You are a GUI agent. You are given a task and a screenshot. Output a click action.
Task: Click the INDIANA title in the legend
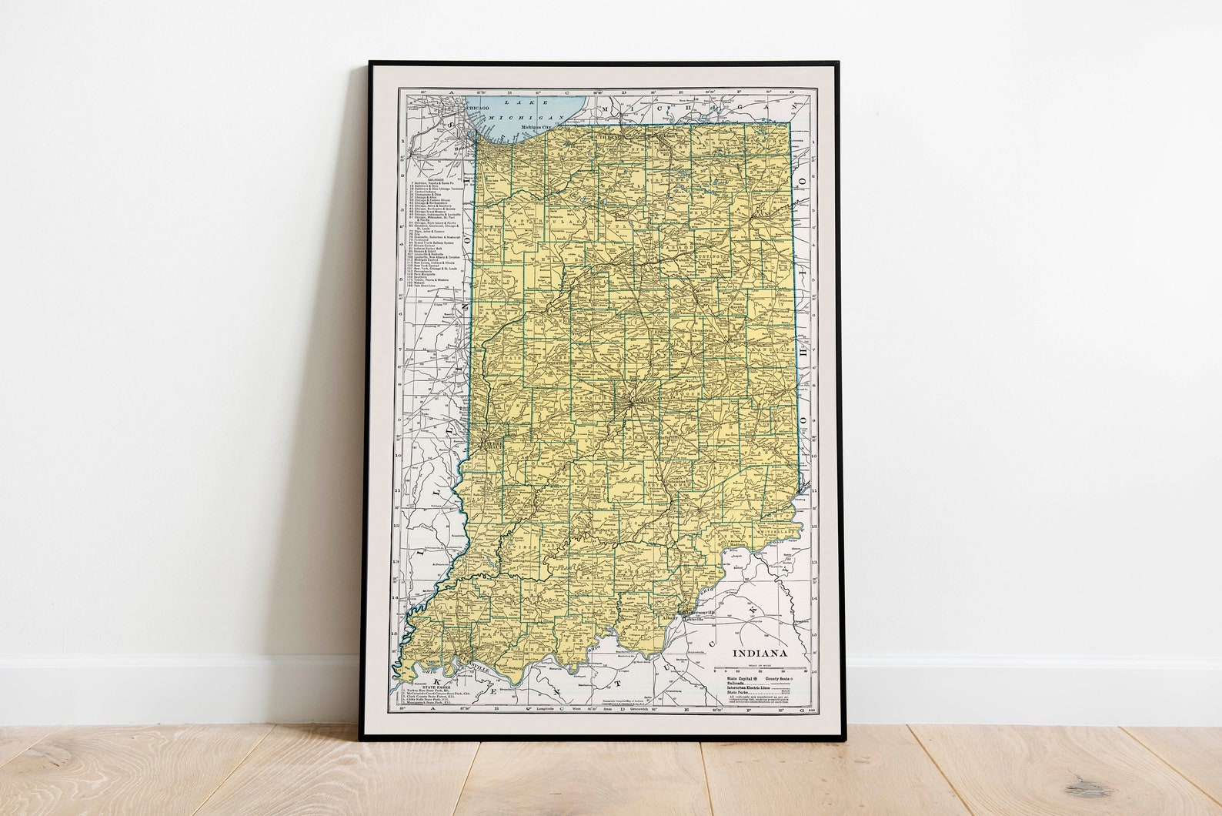point(759,653)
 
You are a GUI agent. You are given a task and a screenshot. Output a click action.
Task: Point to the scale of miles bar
point(759,671)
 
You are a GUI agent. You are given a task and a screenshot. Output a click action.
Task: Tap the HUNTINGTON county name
point(703,258)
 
